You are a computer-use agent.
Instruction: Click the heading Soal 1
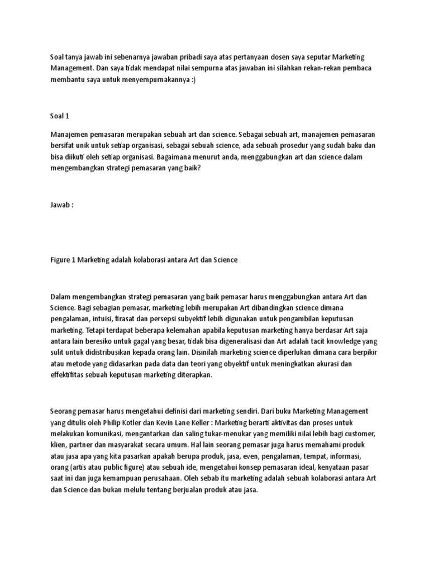(59, 116)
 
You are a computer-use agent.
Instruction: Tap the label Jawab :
(61, 205)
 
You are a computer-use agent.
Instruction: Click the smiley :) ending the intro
(193, 79)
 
